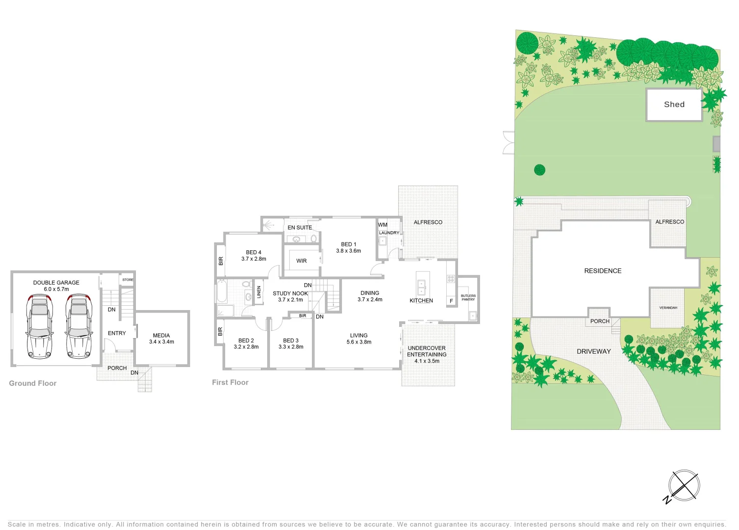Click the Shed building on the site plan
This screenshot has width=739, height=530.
click(x=674, y=105)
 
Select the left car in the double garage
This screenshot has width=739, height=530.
click(x=40, y=326)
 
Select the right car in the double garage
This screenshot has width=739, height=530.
click(x=79, y=326)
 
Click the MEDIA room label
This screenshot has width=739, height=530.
click(x=161, y=336)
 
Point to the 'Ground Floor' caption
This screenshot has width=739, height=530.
click(x=33, y=383)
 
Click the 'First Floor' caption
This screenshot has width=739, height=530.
click(x=230, y=382)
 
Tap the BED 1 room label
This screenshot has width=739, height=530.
click(x=349, y=244)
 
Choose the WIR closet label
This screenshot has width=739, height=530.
click(x=302, y=261)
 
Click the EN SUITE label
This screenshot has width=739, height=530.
click(x=300, y=228)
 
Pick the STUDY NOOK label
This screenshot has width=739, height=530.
click(x=290, y=293)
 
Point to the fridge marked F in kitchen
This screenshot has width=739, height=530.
click(x=451, y=301)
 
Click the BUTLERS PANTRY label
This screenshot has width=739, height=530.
click(x=468, y=297)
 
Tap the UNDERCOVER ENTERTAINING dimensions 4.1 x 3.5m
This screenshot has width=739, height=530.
click(x=427, y=361)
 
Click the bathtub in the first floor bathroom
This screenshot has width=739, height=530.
click(x=222, y=291)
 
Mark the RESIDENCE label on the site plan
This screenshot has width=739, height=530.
click(x=603, y=271)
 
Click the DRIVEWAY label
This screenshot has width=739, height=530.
click(x=593, y=351)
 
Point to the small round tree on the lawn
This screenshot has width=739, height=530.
click(x=539, y=170)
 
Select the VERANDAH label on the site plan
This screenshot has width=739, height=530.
click(x=668, y=308)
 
